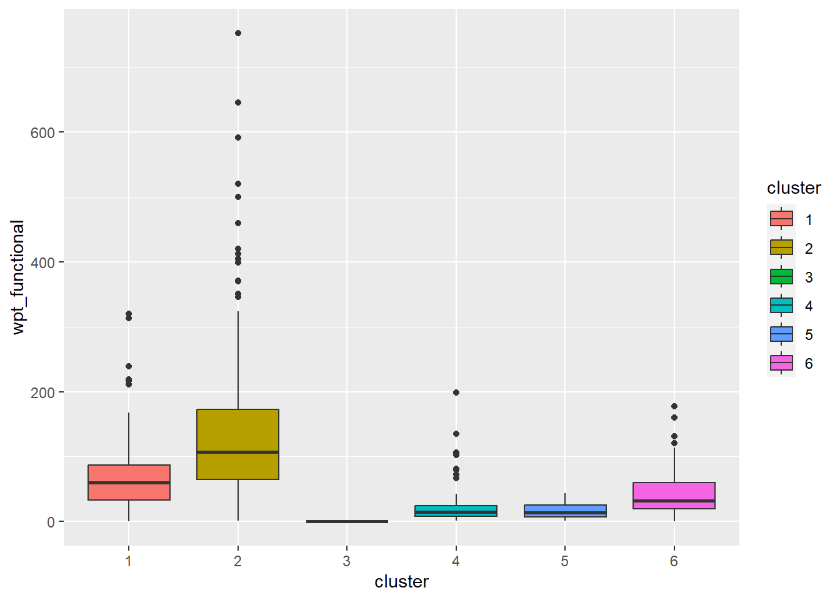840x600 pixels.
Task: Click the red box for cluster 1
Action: [129, 482]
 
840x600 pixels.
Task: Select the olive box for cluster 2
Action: [237, 444]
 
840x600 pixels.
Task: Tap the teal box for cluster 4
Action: [456, 511]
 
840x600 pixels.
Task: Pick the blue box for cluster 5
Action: [565, 511]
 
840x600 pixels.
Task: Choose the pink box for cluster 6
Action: [674, 495]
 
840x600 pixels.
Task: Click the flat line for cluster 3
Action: [347, 521]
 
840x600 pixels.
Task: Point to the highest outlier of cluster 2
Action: [238, 33]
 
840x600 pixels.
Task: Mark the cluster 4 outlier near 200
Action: [456, 392]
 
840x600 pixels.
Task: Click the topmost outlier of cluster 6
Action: [674, 406]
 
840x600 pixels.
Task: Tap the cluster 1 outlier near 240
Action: [129, 366]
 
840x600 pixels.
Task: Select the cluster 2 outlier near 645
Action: [238, 102]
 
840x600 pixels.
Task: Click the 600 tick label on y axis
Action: [42, 132]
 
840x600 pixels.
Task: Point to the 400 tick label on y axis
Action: [42, 262]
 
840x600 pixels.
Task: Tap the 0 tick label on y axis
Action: [51, 522]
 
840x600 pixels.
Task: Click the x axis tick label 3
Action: [347, 561]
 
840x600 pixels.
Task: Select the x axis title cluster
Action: [401, 582]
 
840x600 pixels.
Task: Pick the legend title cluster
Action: [794, 188]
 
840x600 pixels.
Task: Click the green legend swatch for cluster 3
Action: [781, 276]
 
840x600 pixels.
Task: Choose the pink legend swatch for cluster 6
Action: [781, 362]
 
